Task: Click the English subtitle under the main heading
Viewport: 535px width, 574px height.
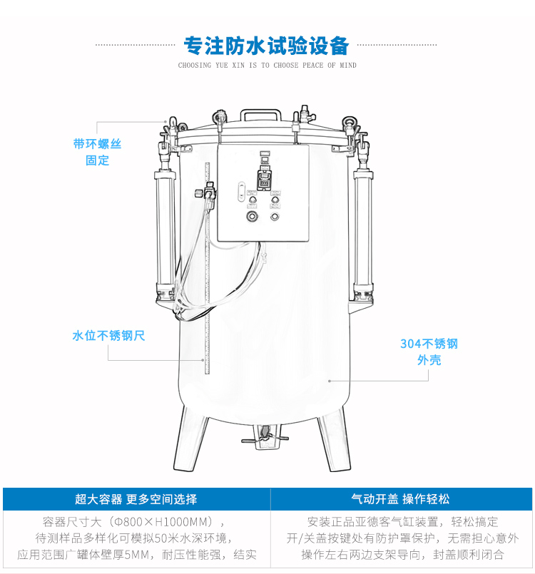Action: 267,66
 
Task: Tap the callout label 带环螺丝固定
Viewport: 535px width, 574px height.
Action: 97,152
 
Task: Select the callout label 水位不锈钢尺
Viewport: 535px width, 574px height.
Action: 108,335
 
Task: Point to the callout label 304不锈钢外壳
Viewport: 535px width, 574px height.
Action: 429,352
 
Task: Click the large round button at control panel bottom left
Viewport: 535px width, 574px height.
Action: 251,217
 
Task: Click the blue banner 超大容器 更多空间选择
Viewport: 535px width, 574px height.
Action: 136,499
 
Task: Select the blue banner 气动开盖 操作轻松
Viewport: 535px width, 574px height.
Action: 400,499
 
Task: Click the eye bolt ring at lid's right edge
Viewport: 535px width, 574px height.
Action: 350,122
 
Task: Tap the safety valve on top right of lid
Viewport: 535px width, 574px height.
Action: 302,116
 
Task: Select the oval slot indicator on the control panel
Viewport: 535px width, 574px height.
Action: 240,191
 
